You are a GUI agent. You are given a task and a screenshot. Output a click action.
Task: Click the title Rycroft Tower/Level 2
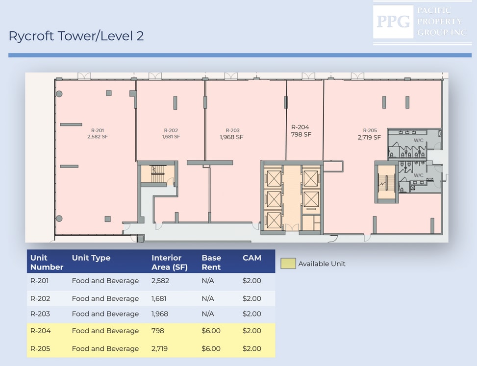coord(76,36)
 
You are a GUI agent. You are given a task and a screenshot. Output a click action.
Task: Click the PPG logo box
coord(393,22)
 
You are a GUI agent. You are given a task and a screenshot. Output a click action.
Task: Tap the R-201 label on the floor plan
coord(98,130)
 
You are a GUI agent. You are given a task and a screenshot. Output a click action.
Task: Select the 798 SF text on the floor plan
coord(301,134)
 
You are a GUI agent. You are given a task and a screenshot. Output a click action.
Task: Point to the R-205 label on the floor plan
coord(370,130)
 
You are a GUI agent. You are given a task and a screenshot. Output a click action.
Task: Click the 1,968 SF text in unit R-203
coord(231,137)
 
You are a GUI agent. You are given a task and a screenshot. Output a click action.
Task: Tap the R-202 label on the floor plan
coord(171,130)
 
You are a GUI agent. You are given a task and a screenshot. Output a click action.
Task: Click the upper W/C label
coord(418,141)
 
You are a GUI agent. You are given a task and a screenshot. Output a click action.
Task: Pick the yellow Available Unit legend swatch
coord(288,264)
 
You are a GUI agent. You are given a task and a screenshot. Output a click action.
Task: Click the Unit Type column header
coord(91,258)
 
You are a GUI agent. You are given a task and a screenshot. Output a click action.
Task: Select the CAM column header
coord(252,258)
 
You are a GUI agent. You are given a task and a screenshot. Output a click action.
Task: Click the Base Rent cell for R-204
coord(211,331)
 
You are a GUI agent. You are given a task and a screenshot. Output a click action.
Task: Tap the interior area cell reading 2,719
coord(159,349)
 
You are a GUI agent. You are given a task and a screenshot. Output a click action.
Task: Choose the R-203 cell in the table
coord(40,314)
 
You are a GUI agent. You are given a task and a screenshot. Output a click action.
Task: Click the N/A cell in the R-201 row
coord(208,281)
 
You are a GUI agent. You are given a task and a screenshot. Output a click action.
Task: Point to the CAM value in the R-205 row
coord(252,349)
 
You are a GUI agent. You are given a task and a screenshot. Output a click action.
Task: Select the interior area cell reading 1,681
coord(159,298)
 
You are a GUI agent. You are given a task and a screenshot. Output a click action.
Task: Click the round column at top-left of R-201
coord(59,94)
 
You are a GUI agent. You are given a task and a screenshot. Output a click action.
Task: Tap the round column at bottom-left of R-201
coord(59,218)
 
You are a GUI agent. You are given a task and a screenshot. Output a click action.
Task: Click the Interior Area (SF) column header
coord(170,262)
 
